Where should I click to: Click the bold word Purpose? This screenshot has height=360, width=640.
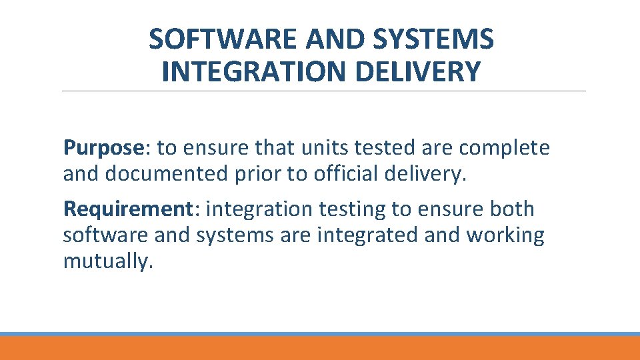tap(103, 148)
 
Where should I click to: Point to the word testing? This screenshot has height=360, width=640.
tap(353, 209)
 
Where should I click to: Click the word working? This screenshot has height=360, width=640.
tap(505, 235)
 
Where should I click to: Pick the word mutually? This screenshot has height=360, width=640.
tap(107, 261)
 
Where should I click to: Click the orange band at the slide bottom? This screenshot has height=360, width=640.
tap(320, 349)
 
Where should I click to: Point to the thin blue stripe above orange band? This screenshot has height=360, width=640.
tap(320, 334)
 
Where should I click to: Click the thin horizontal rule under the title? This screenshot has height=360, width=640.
tap(323, 91)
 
